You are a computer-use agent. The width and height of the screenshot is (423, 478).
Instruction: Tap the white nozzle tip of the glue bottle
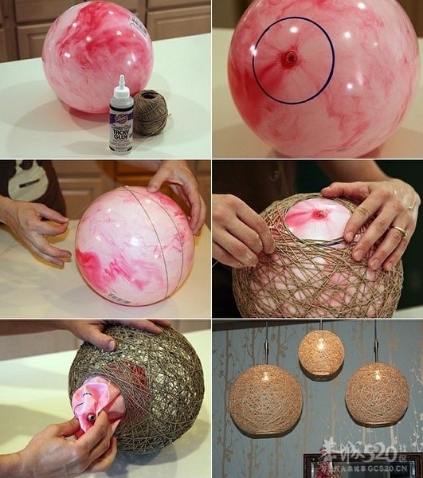[121, 80]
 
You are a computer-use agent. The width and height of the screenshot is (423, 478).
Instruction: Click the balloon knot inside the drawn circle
[290, 57]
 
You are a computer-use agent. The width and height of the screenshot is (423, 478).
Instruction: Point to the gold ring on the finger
[400, 231]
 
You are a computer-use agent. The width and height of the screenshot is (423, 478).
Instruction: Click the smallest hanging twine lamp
[321, 353]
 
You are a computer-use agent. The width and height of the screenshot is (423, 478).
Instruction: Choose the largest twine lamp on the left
[264, 399]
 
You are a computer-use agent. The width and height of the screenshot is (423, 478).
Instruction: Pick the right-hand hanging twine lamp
[376, 393]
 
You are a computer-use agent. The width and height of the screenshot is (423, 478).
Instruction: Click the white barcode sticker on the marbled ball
[119, 296]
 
